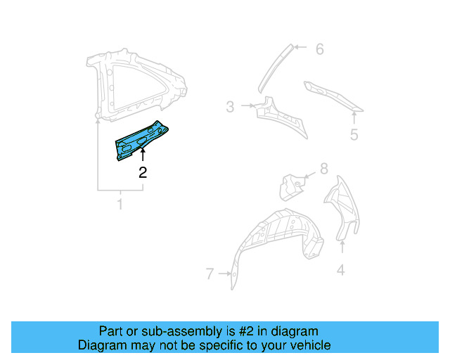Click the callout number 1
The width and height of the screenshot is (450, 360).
(x=120, y=205)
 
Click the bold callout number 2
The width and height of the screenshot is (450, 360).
(x=143, y=172)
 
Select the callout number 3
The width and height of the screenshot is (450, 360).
(x=230, y=107)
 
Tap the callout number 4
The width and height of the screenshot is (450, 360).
(x=341, y=269)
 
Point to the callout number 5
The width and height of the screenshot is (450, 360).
(x=354, y=135)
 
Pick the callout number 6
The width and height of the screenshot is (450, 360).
(x=319, y=49)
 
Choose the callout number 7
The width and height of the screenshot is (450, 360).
(x=209, y=274)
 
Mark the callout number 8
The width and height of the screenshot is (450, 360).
(x=323, y=169)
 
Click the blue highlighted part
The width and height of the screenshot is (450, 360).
(x=141, y=140)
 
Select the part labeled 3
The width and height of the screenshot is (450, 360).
(x=281, y=115)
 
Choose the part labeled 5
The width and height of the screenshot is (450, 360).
(x=330, y=94)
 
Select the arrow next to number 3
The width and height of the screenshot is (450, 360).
(x=247, y=107)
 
